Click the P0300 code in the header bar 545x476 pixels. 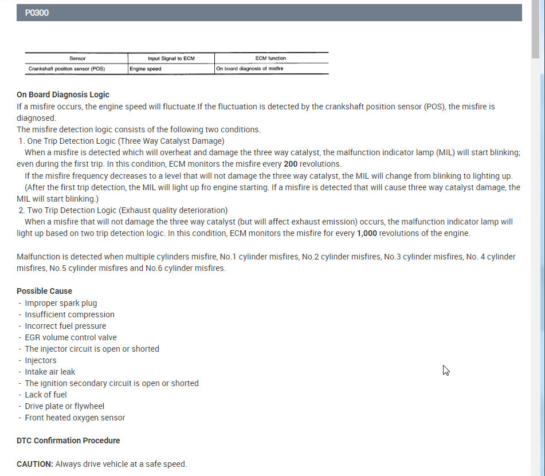pos(37,13)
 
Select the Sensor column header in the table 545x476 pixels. pos(77,58)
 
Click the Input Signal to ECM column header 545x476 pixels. pos(171,58)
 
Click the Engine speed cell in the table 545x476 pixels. pos(146,69)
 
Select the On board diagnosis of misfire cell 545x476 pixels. pos(249,69)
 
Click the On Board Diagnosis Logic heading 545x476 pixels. pos(63,95)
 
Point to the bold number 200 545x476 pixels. pos(291,164)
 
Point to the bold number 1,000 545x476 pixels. pos(367,233)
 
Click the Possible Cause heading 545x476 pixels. pos(44,291)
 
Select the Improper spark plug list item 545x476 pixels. pos(61,303)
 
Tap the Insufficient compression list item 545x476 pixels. pos(69,314)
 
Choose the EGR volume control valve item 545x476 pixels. pos(70,337)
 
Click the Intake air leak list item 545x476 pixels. pos(50,372)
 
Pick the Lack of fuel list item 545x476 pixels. pos(46,395)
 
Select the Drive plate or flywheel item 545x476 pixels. pos(64,406)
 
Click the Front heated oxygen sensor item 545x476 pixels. pos(75,418)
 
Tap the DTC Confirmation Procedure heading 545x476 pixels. pos(68,440)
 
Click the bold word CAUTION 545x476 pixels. pos(34,464)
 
